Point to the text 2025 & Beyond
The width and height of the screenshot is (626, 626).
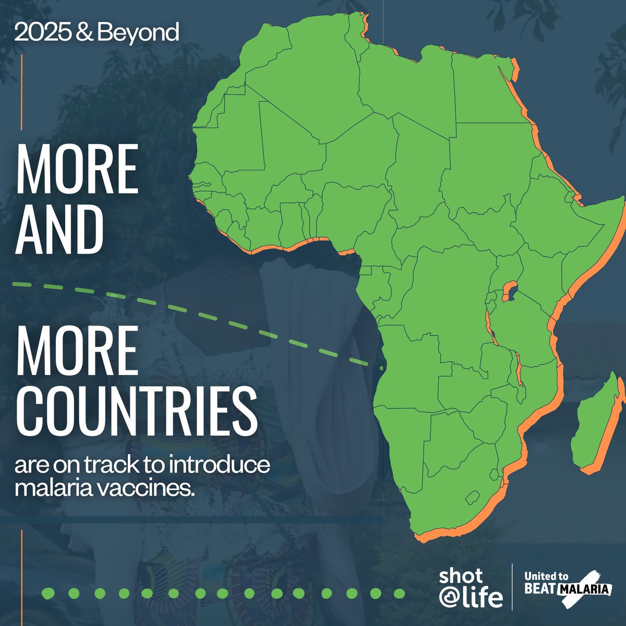tap(97, 33)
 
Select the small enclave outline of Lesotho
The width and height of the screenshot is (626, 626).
tap(473, 496)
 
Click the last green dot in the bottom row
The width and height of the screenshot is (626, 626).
tap(399, 593)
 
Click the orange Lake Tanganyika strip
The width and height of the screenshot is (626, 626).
tap(491, 329)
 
